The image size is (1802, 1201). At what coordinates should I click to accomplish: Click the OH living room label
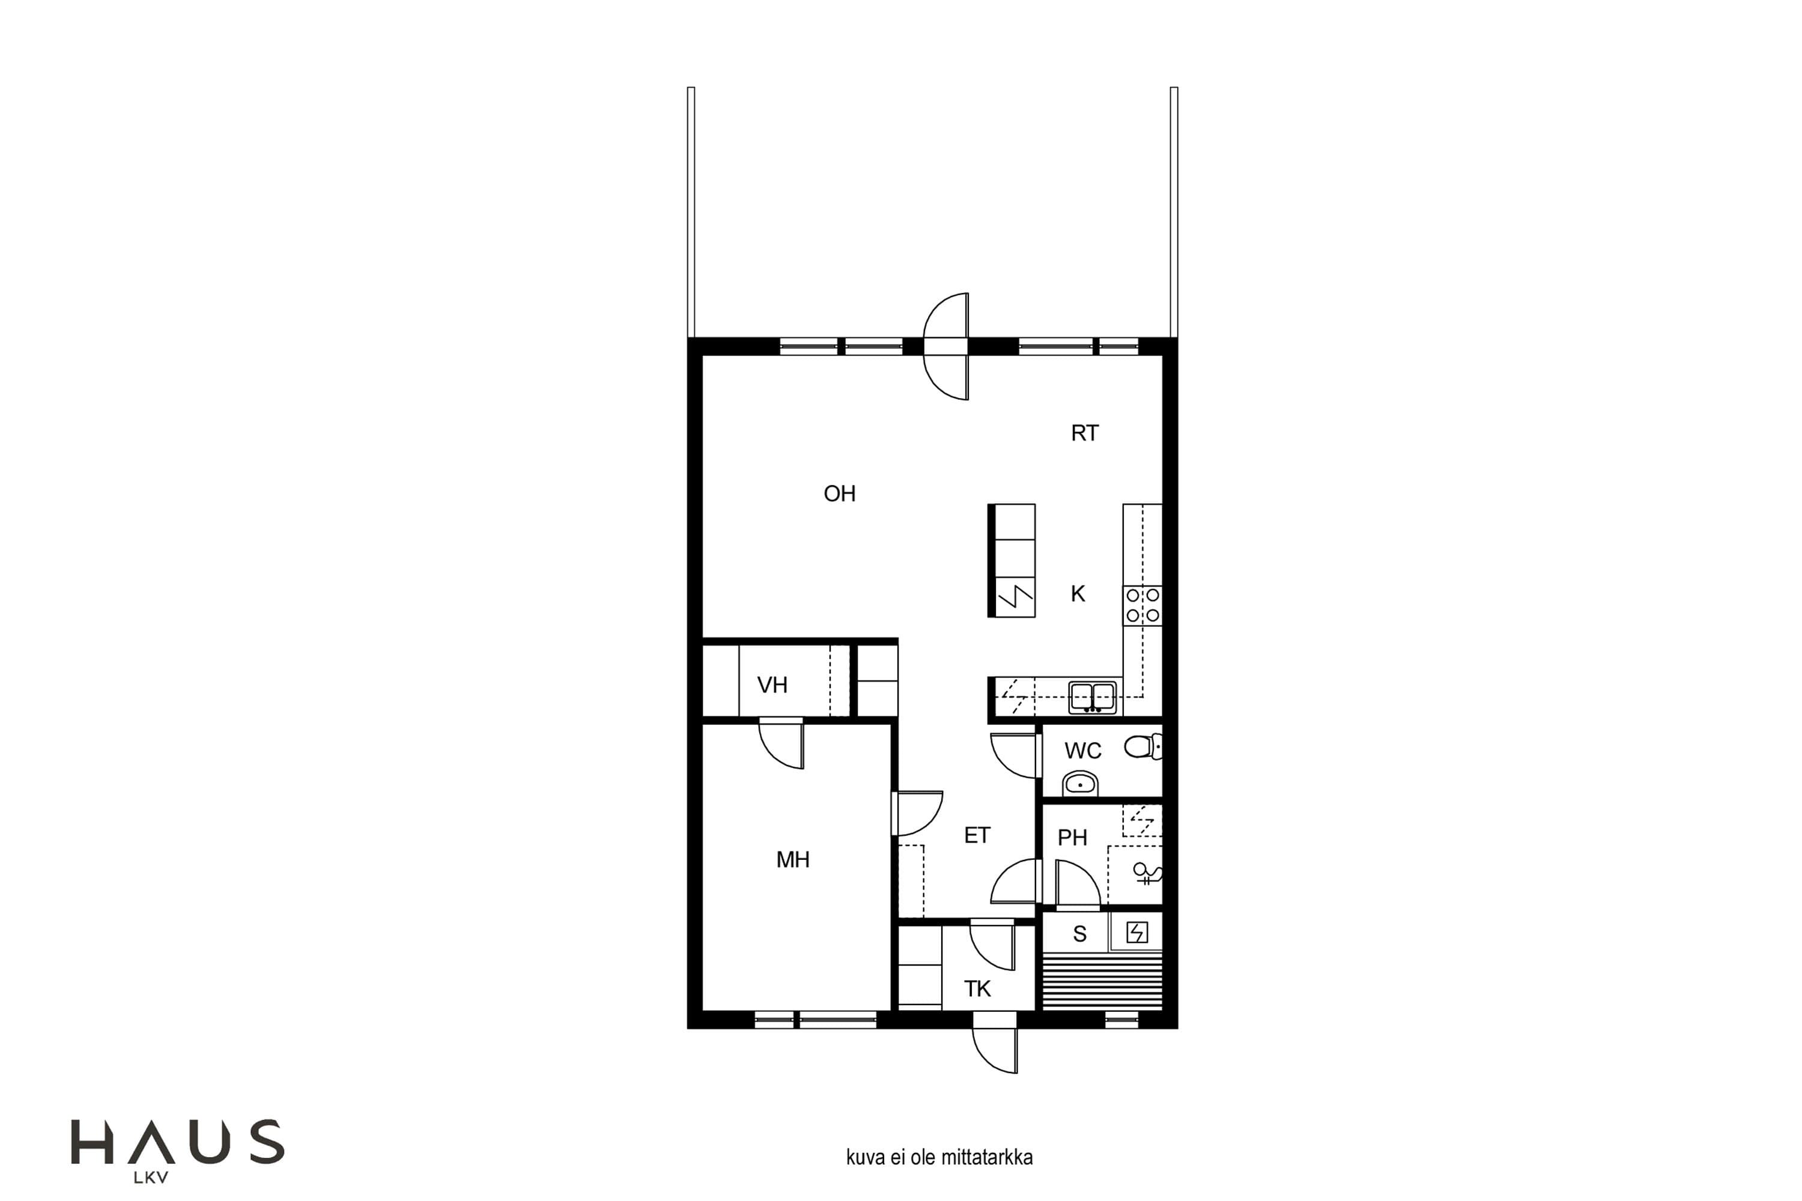click(839, 494)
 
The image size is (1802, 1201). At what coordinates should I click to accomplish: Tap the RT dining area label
click(1084, 434)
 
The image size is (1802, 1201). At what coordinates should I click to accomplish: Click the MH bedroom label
click(792, 860)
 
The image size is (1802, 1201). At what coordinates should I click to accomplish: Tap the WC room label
click(1082, 751)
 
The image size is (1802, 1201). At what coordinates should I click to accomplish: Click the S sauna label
click(1079, 934)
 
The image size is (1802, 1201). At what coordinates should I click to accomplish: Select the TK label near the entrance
click(977, 989)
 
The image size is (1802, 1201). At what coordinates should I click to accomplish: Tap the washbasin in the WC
click(1080, 784)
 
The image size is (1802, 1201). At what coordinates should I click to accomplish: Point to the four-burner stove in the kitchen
click(1142, 606)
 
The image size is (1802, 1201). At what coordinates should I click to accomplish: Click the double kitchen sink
click(1093, 698)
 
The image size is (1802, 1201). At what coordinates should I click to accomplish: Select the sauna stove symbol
click(1137, 932)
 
